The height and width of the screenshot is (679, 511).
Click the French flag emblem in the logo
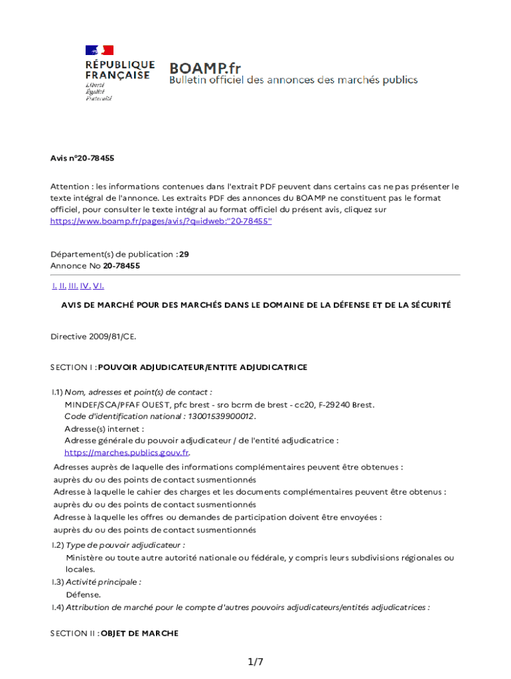click(x=100, y=50)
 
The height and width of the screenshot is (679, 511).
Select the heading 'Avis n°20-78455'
click(x=82, y=158)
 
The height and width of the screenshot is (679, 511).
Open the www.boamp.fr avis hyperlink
click(x=161, y=221)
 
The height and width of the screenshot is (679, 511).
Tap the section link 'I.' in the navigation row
click(x=54, y=286)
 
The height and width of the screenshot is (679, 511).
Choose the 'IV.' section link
click(x=85, y=286)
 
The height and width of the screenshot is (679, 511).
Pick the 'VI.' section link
click(x=98, y=286)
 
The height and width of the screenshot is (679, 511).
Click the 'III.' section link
click(x=73, y=286)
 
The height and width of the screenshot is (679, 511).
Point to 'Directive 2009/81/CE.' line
click(x=93, y=336)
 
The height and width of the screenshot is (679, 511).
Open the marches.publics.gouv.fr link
click(x=127, y=453)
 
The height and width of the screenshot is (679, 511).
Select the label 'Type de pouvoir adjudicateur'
click(x=125, y=545)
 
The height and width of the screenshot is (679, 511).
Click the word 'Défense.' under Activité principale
click(x=83, y=595)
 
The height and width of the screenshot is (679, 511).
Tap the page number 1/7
click(x=256, y=662)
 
